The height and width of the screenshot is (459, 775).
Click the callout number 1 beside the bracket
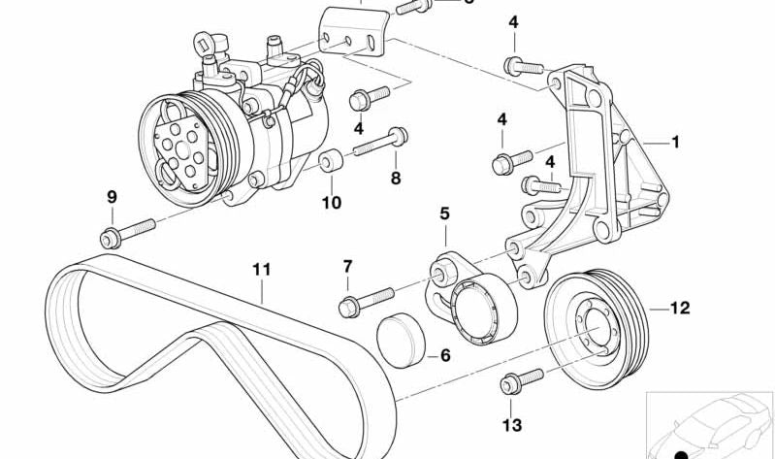coord(675,142)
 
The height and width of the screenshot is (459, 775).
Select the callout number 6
coord(445,356)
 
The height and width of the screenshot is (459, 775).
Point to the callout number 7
coord(347,266)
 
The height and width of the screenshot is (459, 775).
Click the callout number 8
coord(395,178)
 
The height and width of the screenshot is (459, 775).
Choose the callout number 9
coord(112,197)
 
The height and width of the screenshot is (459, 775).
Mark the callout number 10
coord(331,203)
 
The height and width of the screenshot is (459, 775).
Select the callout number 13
coord(511,425)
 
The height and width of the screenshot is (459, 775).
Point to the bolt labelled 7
coord(367,298)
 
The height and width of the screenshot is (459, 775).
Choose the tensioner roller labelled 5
coord(480,310)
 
